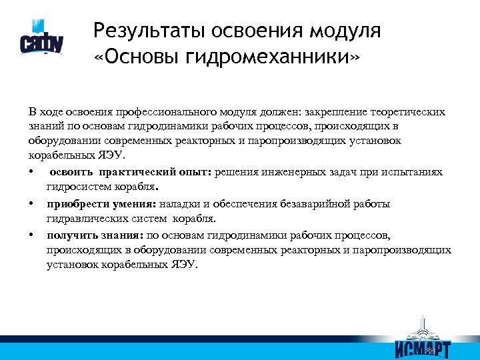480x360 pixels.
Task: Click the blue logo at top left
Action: (41, 39)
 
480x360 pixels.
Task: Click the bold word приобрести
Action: (74, 203)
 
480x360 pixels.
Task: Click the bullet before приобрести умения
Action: (31, 203)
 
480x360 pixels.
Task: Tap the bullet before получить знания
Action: (31, 235)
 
